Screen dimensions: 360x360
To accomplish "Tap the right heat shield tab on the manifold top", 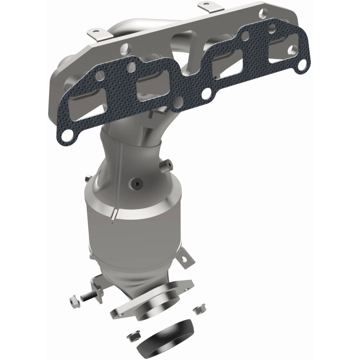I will [x=207, y=7].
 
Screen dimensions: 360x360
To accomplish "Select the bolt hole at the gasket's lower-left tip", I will [x=66, y=135].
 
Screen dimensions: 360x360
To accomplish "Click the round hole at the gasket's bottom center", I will [x=207, y=95].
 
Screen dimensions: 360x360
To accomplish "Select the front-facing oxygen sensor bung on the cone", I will [x=136, y=184].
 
